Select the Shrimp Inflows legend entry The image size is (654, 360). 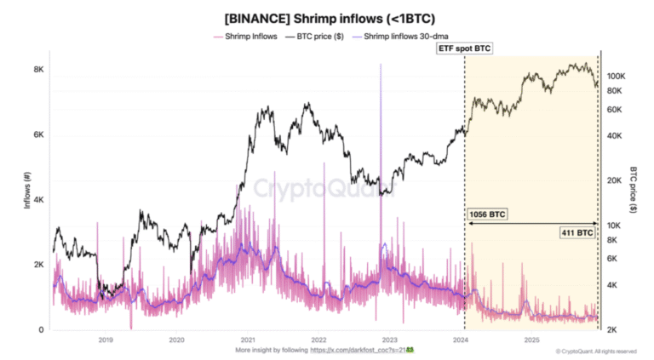tap(247, 37)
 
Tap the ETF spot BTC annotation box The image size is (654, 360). tap(464, 50)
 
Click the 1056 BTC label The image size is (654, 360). tap(488, 214)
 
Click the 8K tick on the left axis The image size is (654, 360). tap(38, 70)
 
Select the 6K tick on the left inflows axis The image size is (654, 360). tap(38, 135)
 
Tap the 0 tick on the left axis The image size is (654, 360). tap(42, 330)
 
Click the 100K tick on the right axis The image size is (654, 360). tap(616, 76)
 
